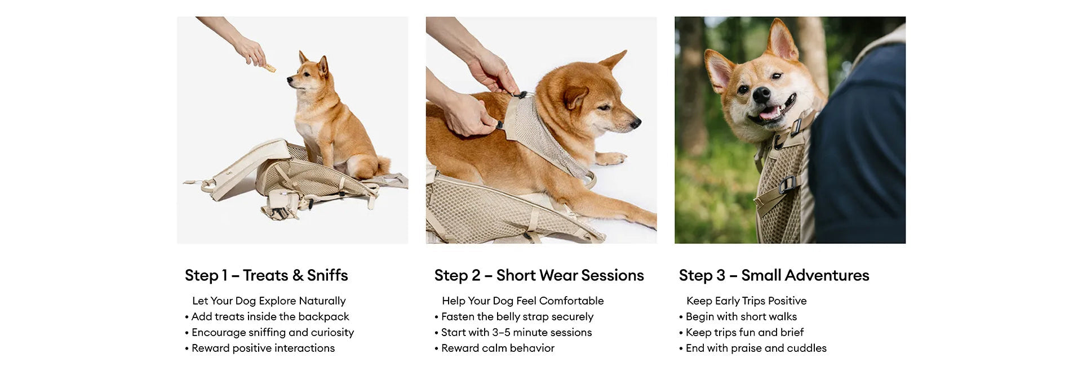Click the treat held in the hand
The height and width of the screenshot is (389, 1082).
pos(270,68)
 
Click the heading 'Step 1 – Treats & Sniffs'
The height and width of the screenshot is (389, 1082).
pos(267,275)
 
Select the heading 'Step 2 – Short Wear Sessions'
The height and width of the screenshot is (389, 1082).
pos(539,275)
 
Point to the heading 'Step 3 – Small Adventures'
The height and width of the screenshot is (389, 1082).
pos(774,275)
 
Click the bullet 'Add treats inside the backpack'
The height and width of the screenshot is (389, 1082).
pos(267,316)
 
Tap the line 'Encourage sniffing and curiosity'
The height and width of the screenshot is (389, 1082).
pos(269,332)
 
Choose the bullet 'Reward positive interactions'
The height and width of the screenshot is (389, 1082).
pos(260,348)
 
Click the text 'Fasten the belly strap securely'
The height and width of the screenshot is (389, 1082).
pos(514,316)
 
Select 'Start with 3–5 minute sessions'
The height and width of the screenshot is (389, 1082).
pos(513,332)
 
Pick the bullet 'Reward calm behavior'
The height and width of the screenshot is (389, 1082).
pos(494,348)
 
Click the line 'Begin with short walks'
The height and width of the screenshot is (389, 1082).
pos(738,316)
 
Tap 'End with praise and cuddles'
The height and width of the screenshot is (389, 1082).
pos(752,348)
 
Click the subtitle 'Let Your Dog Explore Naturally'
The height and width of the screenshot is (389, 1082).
pos(269,301)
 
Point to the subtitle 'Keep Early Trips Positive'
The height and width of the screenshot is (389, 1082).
pos(746,301)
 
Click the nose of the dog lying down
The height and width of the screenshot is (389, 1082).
pos(636,123)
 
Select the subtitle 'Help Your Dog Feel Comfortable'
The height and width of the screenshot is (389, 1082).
pos(522,301)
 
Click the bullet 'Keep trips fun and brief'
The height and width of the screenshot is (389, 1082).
pos(741,332)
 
